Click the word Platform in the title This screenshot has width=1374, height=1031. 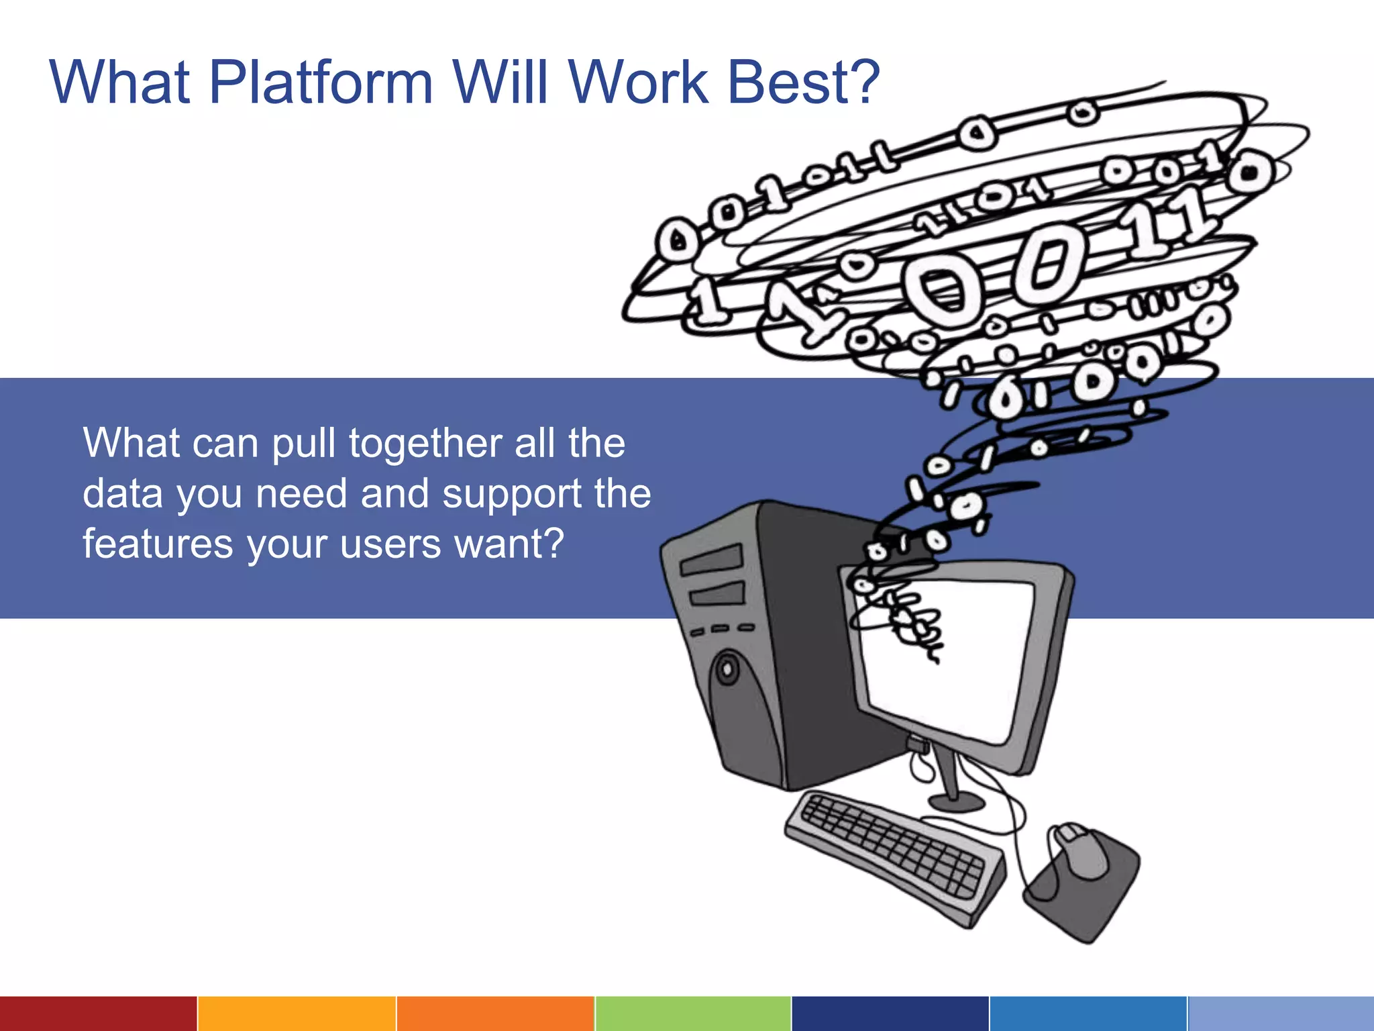pyautogui.click(x=321, y=83)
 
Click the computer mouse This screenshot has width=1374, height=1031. pyautogui.click(x=1080, y=851)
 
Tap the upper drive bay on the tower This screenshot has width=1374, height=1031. pyautogui.click(x=711, y=560)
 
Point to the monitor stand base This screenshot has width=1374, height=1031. pyautogui.click(x=955, y=801)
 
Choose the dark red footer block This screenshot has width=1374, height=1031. pyautogui.click(x=98, y=1014)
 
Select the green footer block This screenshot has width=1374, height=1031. pyautogui.click(x=693, y=1014)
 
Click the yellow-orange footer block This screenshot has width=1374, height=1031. pyautogui.click(x=297, y=1014)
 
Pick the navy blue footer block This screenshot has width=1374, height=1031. pyautogui.click(x=890, y=1014)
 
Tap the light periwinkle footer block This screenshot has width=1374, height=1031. pyautogui.click(x=1281, y=1014)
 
